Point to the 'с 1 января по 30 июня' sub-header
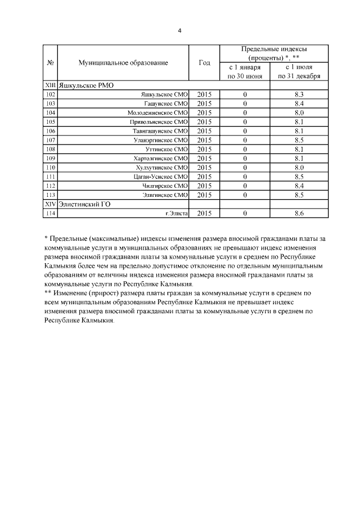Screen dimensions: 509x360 point(245,71)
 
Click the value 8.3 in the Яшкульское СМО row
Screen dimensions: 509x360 point(299,94)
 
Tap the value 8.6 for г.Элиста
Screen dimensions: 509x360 point(299,213)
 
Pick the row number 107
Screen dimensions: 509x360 point(51,139)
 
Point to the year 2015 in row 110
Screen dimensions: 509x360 point(205,167)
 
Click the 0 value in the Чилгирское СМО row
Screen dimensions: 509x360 point(245,185)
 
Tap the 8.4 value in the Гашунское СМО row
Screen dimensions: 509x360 point(299,103)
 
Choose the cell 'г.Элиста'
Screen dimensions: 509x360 point(175,213)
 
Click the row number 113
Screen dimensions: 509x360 point(51,195)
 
